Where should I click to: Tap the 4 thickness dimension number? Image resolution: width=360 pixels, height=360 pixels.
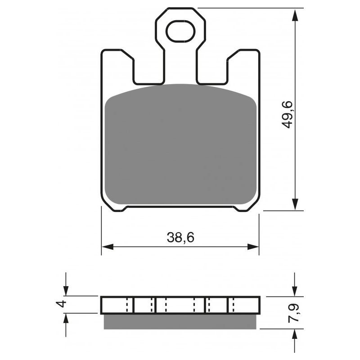(x=63, y=304)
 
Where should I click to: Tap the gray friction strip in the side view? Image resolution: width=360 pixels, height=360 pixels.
(x=180, y=321)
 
